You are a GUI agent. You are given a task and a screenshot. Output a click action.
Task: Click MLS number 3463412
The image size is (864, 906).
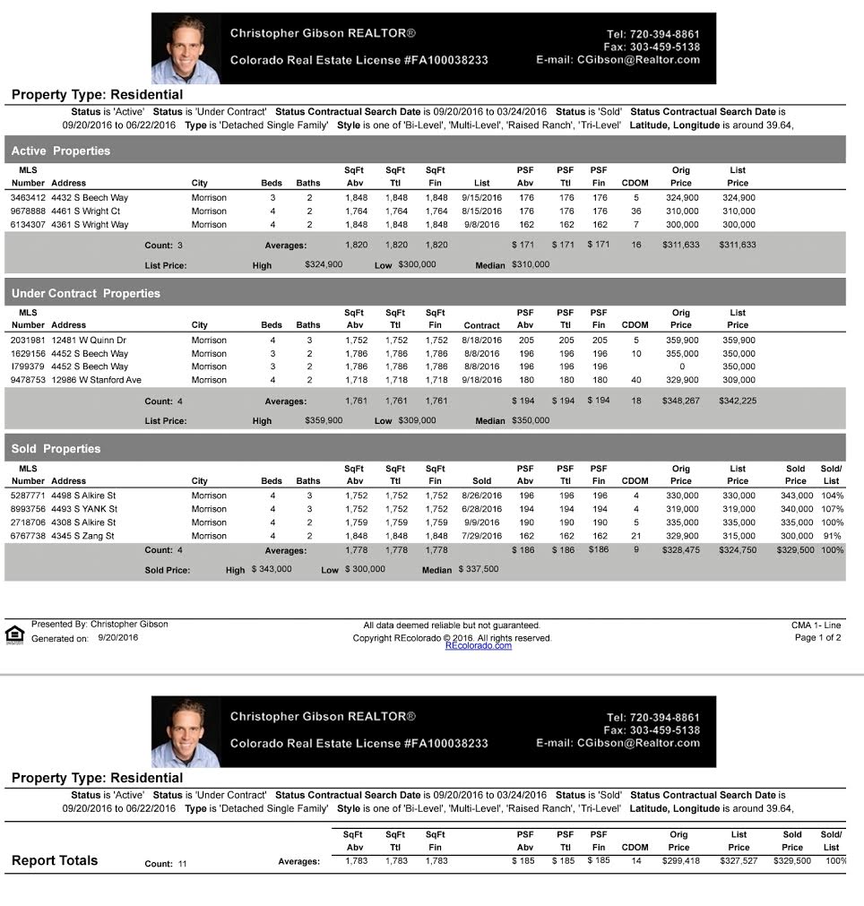[x=28, y=198]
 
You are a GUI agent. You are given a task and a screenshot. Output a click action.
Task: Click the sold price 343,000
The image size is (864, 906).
[x=795, y=496]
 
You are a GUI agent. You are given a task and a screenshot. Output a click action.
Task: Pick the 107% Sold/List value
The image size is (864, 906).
[x=832, y=509]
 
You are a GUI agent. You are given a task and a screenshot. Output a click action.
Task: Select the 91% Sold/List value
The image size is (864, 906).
[x=834, y=536]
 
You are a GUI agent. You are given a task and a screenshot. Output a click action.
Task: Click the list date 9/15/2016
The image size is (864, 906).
[x=481, y=198]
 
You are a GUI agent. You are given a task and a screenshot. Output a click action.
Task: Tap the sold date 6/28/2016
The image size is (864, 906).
[x=481, y=509]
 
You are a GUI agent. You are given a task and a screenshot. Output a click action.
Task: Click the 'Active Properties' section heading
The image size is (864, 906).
[x=61, y=151]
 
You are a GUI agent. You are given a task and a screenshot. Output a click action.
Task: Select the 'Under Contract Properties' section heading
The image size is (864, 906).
[x=86, y=293]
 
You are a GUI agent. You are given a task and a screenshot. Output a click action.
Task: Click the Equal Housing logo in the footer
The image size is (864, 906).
[x=14, y=634]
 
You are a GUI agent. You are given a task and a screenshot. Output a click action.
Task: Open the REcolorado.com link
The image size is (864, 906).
[x=478, y=645]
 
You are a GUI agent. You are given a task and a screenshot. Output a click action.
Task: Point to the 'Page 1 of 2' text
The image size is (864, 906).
[x=817, y=638]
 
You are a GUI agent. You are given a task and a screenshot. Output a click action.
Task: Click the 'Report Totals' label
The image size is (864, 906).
[x=55, y=861]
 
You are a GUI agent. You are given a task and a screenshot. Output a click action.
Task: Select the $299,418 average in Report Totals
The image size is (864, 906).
[x=678, y=861]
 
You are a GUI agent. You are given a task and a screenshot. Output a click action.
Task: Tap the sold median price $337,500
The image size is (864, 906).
[x=479, y=569]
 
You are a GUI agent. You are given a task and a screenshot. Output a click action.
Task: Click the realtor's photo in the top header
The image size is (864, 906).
[x=186, y=48]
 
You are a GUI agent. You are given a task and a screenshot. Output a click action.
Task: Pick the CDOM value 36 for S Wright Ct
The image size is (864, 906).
[x=635, y=211]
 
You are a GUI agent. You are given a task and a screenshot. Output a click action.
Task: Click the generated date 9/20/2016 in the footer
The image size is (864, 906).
[x=118, y=638]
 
